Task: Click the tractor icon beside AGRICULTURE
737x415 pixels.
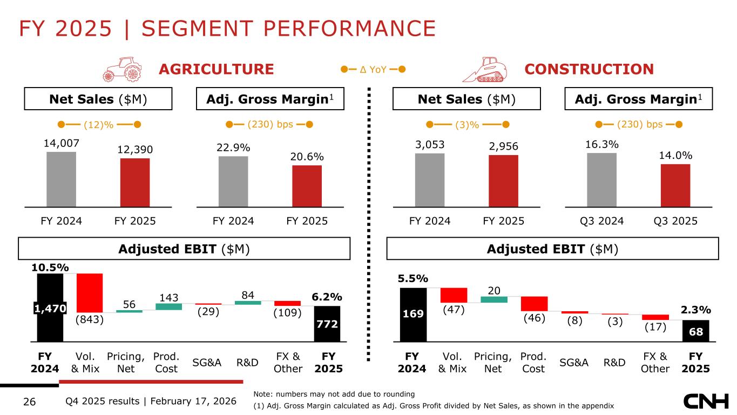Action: [122, 69]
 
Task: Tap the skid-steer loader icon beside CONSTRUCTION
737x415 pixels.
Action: [488, 69]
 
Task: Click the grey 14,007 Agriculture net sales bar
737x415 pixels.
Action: [61, 179]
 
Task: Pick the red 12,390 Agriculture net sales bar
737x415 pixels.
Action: [135, 182]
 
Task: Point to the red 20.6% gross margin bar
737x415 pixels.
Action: [307, 186]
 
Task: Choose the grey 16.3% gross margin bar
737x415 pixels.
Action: [601, 179]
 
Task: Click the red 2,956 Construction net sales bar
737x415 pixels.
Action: [503, 180]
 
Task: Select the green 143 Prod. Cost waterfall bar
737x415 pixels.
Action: [169, 306]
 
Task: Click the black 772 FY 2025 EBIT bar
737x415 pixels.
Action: [327, 324]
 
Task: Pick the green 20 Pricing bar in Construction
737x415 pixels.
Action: [494, 299]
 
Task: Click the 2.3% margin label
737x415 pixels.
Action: [695, 310]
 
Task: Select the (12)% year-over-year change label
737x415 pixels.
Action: [99, 125]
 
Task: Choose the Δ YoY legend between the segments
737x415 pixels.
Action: [373, 69]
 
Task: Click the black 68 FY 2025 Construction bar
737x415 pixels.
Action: [695, 331]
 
